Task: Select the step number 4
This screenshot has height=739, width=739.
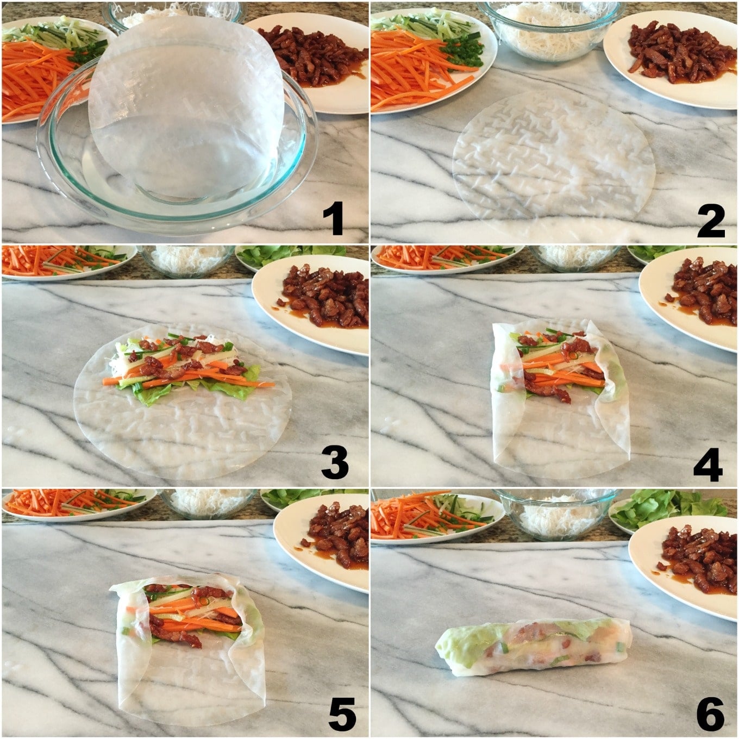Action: tap(707, 464)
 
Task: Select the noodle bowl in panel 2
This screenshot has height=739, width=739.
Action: tap(549, 30)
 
